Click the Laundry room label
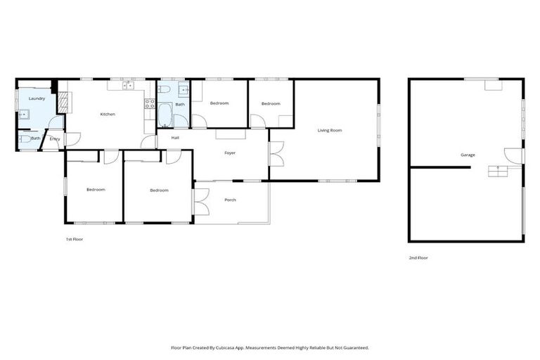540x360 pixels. [37, 98]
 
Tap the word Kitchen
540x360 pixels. [108, 114]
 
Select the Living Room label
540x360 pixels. [330, 130]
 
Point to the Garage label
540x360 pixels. [468, 155]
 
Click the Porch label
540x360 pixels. [230, 200]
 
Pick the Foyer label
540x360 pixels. [230, 153]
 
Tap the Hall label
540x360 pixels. [175, 138]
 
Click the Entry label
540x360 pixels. [55, 139]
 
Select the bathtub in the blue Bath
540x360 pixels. [165, 115]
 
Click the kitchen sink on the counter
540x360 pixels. [128, 86]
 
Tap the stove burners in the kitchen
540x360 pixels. [150, 103]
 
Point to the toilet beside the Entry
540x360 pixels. [24, 139]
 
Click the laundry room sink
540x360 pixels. [22, 114]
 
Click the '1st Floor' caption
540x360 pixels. [75, 240]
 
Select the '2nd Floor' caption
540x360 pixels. [418, 258]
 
